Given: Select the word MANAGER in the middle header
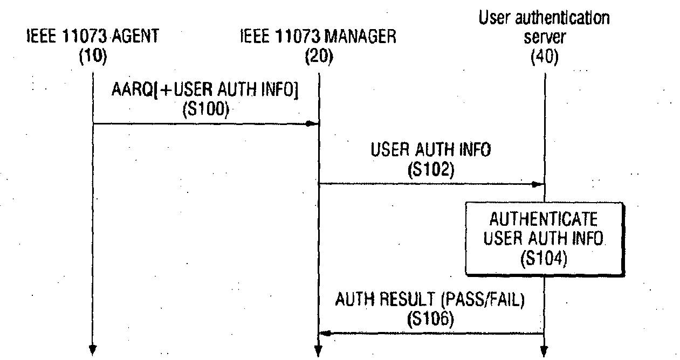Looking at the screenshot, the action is [360, 37].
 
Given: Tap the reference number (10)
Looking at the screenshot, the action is [93, 57].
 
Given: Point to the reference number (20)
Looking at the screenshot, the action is [319, 57].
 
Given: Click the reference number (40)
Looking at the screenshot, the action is [545, 57].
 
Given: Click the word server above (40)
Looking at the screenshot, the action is [545, 37].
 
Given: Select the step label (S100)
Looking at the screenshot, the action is [206, 109].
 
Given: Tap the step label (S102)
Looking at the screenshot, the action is [431, 170].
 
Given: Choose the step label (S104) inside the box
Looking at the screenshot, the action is [544, 258].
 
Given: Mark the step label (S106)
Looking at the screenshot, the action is [430, 319].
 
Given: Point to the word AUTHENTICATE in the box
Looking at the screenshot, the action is [544, 219].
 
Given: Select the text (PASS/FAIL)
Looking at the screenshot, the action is [483, 300].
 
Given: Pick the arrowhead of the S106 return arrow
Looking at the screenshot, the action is [325, 334].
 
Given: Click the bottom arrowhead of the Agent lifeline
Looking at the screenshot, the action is [93, 350].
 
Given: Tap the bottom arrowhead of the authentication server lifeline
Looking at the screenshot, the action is [544, 352].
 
